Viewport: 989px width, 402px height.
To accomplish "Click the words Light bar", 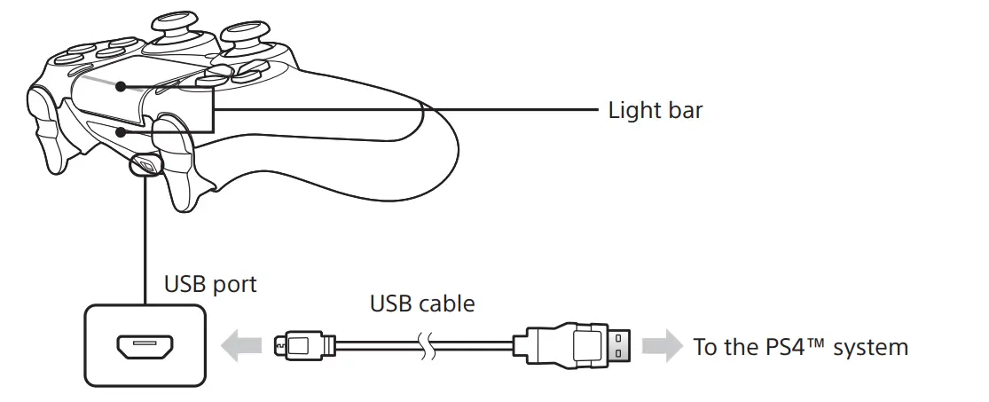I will [655, 111].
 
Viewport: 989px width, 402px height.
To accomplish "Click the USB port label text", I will [210, 284].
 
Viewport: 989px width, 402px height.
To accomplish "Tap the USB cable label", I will [421, 303].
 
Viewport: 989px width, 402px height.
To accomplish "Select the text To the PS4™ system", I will [800, 346].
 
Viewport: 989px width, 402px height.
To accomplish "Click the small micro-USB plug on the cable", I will [302, 345].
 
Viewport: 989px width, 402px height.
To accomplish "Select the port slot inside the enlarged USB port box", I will [143, 346].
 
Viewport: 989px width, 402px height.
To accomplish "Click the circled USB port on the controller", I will [145, 164].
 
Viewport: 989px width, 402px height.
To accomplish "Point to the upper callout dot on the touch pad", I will [120, 87].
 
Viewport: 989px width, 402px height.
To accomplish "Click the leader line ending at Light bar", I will [408, 110].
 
